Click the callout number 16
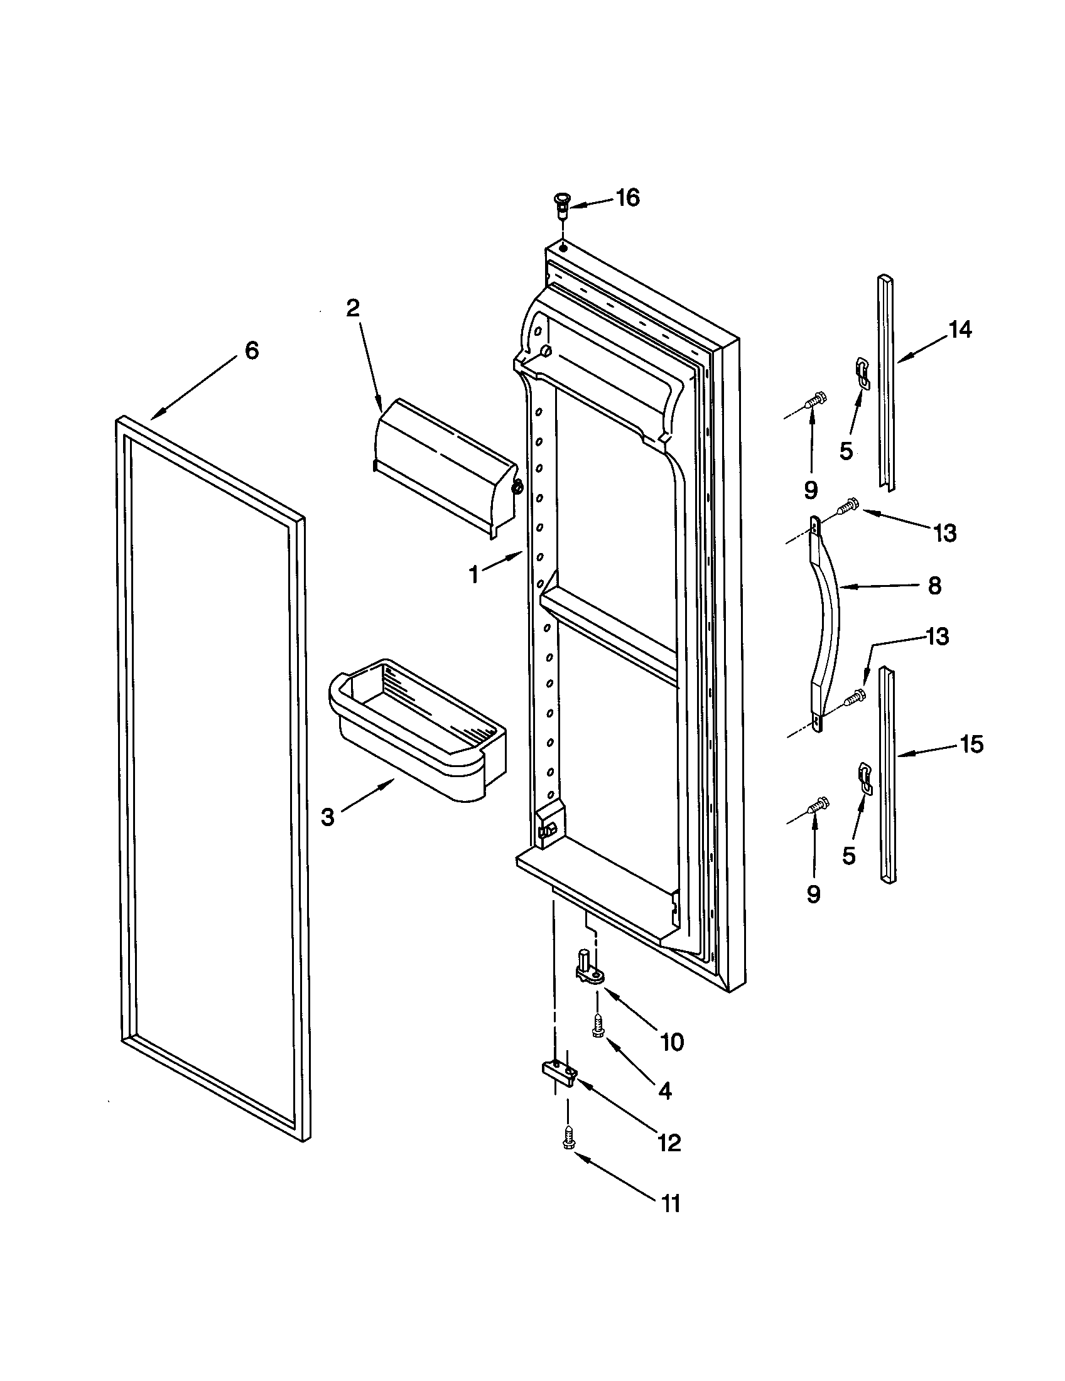tap(628, 198)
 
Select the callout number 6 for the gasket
tap(252, 350)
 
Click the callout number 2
tap(352, 308)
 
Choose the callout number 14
tap(960, 330)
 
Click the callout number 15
tap(971, 745)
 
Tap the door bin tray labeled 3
tap(418, 730)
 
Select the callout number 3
tap(327, 817)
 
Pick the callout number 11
tap(671, 1203)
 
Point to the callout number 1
tap(473, 575)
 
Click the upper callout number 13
tap(945, 533)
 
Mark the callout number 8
tap(935, 586)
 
